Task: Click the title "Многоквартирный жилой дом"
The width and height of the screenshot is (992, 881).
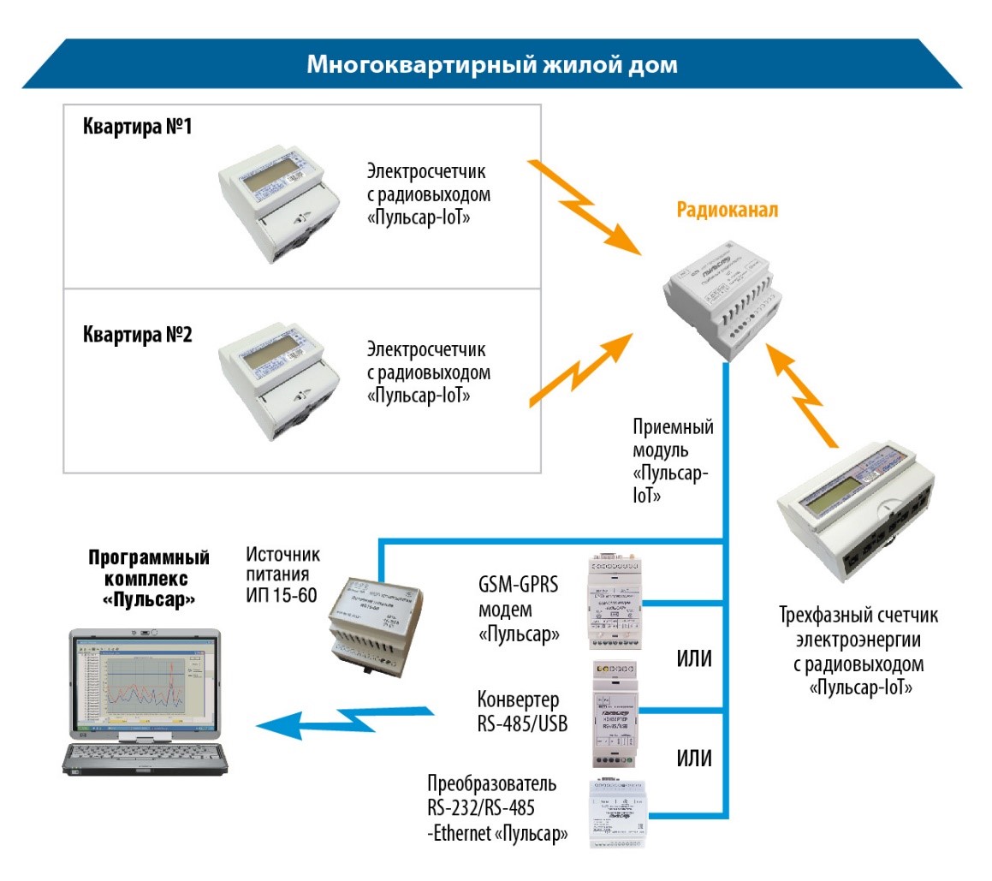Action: (x=492, y=65)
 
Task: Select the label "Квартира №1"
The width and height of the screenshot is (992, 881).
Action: (x=137, y=128)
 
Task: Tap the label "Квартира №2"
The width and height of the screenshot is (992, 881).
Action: (x=137, y=334)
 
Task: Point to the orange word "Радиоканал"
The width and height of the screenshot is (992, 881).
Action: (x=728, y=211)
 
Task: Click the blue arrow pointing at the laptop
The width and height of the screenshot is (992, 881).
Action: (x=342, y=720)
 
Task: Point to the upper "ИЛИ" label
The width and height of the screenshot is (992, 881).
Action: (x=694, y=661)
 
